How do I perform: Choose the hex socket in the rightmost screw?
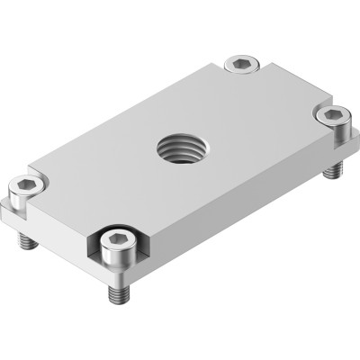[x=335, y=114]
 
